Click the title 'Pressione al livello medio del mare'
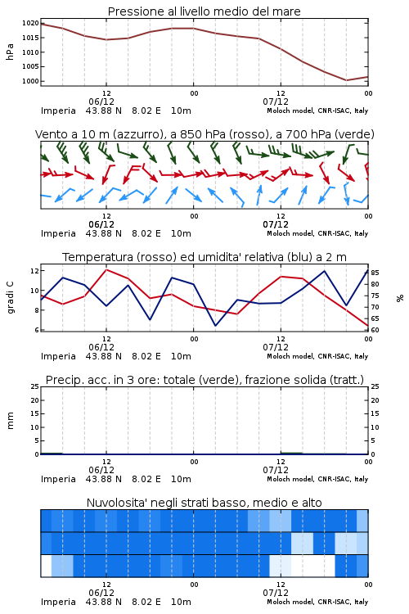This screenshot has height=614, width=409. (204, 11)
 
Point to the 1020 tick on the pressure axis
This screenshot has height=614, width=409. (30, 23)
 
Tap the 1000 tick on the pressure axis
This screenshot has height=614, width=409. (30, 81)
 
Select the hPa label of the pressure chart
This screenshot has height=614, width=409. (10, 52)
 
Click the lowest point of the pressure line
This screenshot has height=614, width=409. (346, 80)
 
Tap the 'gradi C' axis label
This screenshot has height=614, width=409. (10, 297)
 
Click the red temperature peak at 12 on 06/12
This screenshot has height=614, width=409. (106, 269)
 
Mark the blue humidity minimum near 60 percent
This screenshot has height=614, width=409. (215, 325)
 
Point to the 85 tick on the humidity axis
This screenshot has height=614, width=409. (375, 273)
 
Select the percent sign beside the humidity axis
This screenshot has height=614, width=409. (400, 298)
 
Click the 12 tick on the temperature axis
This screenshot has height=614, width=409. (34, 271)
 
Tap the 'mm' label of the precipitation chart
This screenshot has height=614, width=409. (10, 421)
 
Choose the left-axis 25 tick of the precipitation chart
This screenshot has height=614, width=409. (35, 386)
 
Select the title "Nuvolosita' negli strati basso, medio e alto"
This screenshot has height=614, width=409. (204, 503)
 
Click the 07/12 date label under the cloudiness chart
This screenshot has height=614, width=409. (276, 593)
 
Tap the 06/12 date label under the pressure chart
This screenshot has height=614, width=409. (101, 102)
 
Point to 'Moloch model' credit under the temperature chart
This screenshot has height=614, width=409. (290, 356)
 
